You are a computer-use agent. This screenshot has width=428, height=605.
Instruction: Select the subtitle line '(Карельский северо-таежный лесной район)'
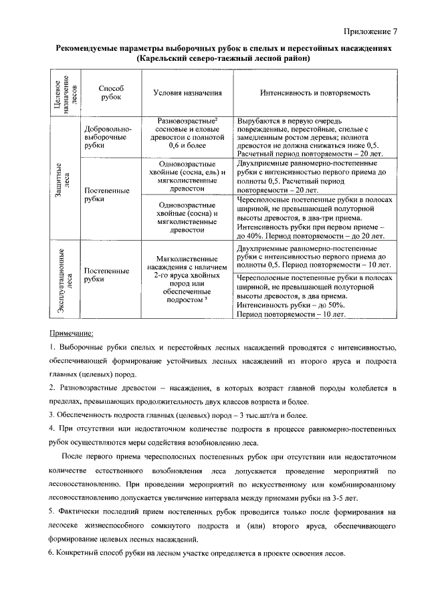[224, 59]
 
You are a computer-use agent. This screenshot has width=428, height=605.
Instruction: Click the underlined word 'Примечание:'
[72, 332]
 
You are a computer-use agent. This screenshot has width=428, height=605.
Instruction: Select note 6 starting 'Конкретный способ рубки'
[197, 555]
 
